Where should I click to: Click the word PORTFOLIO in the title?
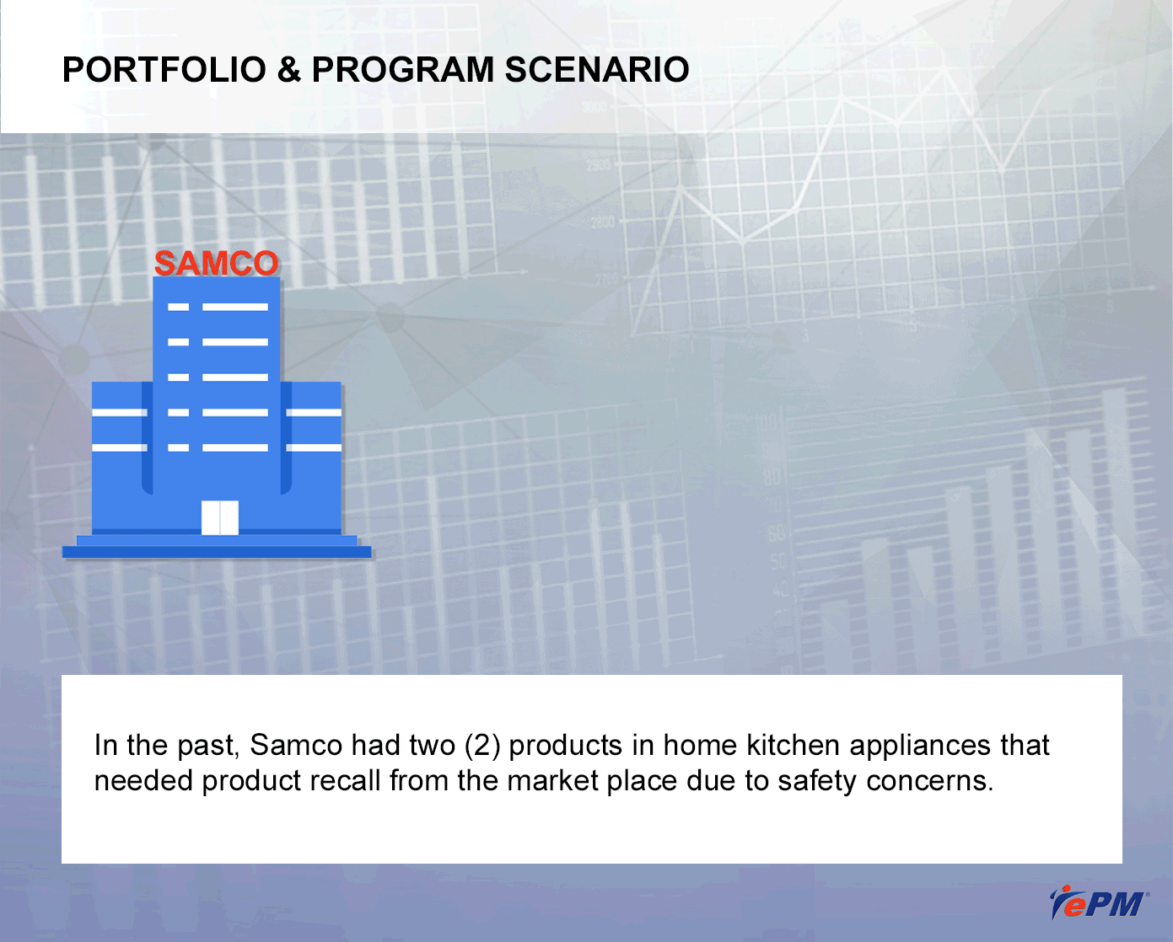click(x=164, y=70)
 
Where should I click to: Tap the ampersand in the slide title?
click(x=288, y=70)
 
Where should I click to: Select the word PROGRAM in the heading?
click(x=403, y=70)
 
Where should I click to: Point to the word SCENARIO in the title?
click(x=597, y=70)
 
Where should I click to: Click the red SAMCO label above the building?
click(x=217, y=263)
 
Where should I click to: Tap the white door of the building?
click(x=219, y=517)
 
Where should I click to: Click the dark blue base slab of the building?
click(x=217, y=552)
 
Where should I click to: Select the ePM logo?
click(x=1098, y=902)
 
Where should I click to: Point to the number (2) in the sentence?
click(x=482, y=746)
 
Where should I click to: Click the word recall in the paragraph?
click(x=345, y=780)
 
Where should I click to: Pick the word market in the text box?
click(x=552, y=781)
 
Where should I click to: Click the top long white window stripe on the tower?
click(x=235, y=307)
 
